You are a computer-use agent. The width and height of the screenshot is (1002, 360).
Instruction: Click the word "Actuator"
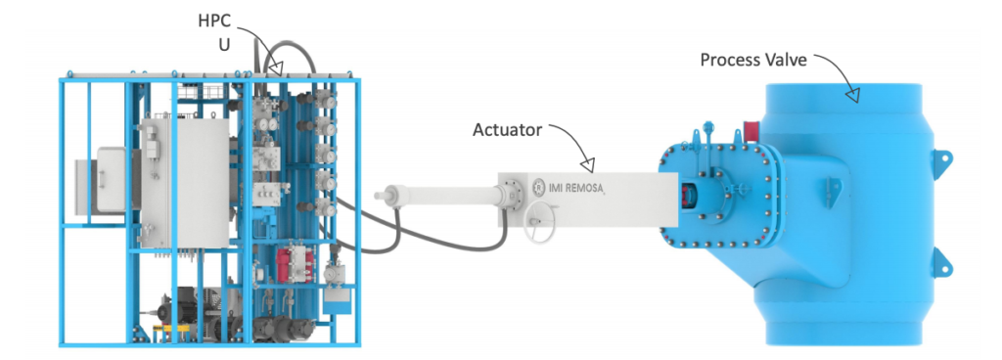click(508, 129)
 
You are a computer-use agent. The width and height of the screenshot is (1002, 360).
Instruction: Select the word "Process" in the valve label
click(732, 61)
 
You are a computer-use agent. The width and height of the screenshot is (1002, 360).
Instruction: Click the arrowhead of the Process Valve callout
click(853, 96)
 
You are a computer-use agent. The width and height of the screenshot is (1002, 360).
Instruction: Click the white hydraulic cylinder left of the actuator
click(439, 194)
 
